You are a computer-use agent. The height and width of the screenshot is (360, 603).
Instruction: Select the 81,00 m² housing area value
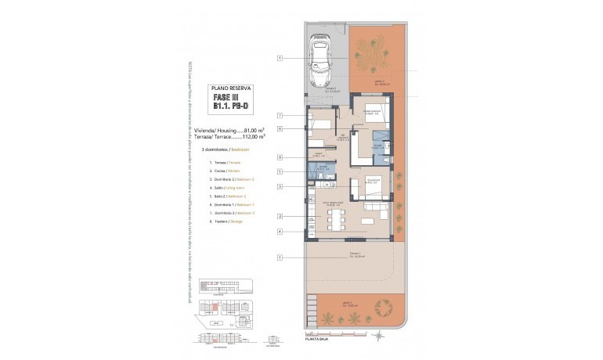(x=255, y=129)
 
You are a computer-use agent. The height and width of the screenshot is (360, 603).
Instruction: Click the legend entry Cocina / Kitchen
(x=226, y=170)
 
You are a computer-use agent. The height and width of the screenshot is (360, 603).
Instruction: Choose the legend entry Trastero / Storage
(x=226, y=221)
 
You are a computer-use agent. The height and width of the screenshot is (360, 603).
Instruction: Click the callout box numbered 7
(x=280, y=116)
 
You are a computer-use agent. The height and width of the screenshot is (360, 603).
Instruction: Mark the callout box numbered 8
(x=280, y=157)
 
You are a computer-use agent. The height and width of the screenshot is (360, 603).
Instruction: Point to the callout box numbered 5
(x=280, y=171)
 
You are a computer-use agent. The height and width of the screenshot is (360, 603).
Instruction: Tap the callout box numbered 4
(x=280, y=232)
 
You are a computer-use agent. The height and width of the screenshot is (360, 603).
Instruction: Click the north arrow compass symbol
(x=378, y=335)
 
